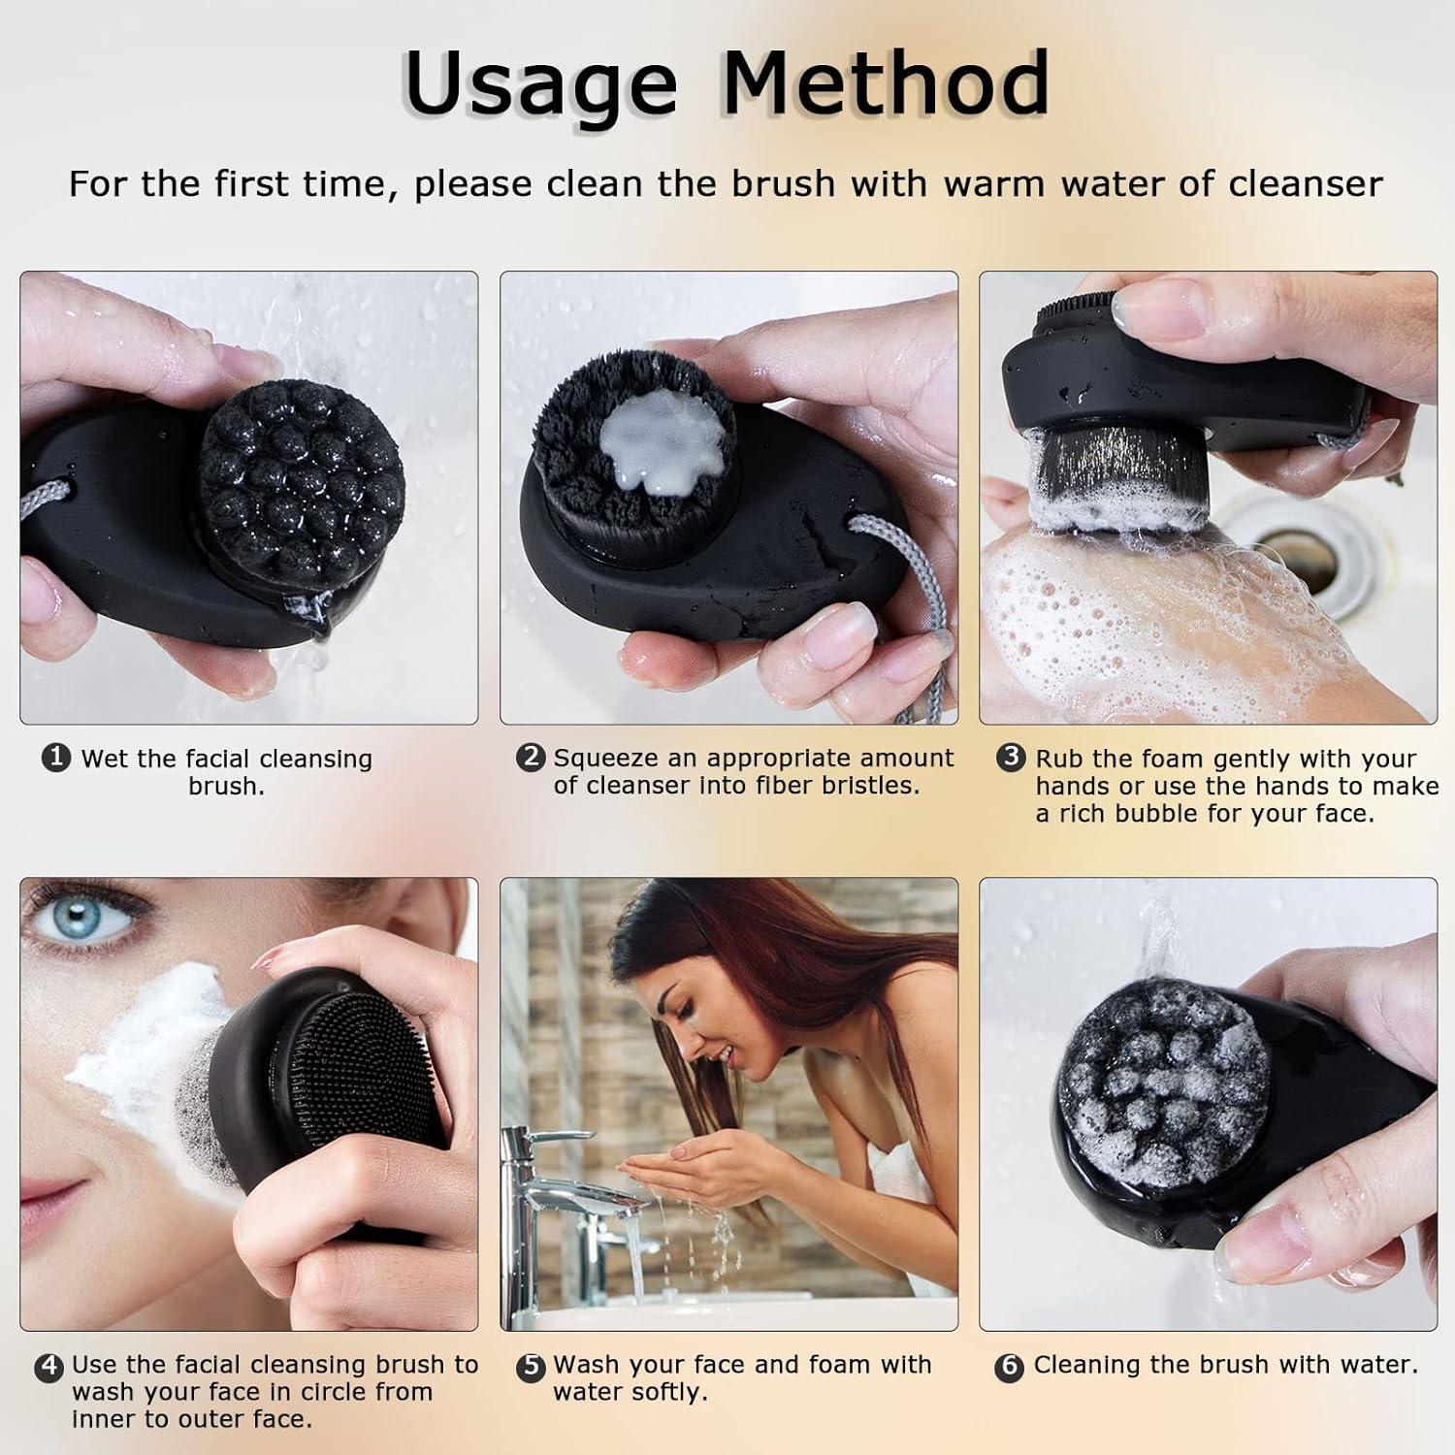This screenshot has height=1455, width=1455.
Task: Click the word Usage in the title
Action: (x=539, y=83)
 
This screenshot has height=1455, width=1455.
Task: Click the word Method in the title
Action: (x=885, y=81)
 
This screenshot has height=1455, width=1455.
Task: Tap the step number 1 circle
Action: (x=56, y=758)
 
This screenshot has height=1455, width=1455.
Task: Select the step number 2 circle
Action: (x=531, y=758)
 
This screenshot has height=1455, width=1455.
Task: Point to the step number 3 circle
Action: (x=1011, y=758)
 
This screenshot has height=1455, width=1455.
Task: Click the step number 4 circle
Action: (x=48, y=1367)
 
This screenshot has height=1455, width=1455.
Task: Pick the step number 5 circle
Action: (x=531, y=1367)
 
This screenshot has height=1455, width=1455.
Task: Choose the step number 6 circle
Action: (x=1010, y=1367)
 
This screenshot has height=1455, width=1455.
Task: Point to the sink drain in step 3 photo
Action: (x=1309, y=563)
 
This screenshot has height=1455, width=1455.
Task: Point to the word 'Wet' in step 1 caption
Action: (x=102, y=759)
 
